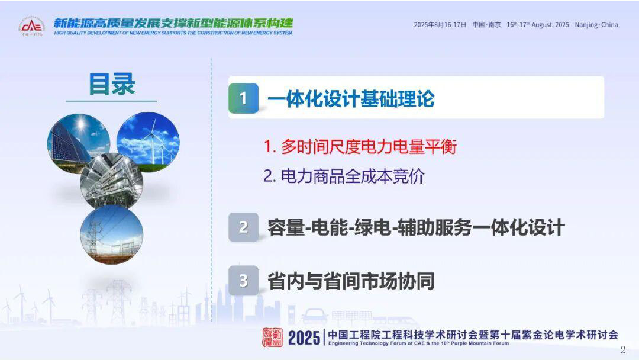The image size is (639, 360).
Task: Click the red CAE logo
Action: point(31,26)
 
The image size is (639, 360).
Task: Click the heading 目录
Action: point(112,85)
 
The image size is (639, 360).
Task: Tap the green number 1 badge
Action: point(243,98)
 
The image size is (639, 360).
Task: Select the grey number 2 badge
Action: point(243,227)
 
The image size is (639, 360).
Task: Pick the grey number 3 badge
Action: point(243,281)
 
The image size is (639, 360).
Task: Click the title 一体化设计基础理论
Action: point(351,99)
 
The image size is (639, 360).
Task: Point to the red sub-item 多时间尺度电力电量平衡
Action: point(360,147)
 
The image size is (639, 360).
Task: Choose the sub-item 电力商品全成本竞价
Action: point(344,176)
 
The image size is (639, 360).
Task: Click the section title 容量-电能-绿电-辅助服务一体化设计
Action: point(416,227)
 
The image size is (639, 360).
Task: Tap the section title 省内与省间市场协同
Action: point(351,281)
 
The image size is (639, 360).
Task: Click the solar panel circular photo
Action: point(78,144)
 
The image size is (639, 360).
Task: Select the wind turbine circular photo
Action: point(148,142)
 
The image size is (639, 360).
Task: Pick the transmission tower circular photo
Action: point(112,234)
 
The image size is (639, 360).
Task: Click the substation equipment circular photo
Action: point(112,182)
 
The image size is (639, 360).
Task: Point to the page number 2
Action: point(622,349)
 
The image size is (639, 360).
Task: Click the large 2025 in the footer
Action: point(304,337)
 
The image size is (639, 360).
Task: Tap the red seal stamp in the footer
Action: point(272,337)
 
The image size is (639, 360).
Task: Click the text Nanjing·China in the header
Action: point(596,25)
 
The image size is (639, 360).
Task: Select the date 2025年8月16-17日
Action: point(440,25)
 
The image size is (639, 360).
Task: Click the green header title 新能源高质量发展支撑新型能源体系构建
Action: point(173,23)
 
